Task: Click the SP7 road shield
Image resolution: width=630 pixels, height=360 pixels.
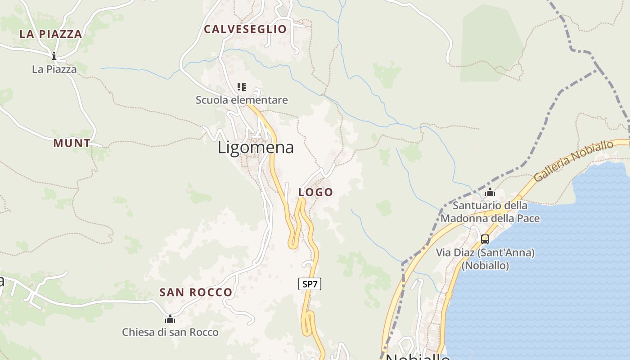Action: (x=310, y=284)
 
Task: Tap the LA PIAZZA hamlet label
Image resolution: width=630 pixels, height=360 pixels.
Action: (x=51, y=34)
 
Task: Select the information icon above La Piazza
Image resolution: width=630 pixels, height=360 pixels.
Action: (x=54, y=56)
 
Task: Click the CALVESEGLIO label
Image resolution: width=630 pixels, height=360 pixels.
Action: (x=245, y=29)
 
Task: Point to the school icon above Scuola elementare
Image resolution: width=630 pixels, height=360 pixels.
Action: (x=242, y=86)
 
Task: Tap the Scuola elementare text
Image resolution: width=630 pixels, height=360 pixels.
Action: (x=242, y=100)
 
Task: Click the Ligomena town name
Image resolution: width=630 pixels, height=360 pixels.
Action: (x=256, y=147)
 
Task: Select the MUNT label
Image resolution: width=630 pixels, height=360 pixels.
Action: (x=72, y=143)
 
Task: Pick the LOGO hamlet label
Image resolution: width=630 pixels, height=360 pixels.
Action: (x=316, y=192)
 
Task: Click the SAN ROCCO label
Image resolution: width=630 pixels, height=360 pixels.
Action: (x=196, y=292)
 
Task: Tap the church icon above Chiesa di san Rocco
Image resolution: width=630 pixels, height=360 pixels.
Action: (x=170, y=319)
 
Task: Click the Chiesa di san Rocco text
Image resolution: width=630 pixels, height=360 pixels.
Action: (x=170, y=333)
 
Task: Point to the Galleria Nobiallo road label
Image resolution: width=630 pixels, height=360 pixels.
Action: (x=574, y=161)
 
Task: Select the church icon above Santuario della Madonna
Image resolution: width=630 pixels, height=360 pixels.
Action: (x=490, y=193)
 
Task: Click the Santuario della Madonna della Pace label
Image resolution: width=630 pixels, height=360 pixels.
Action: (x=490, y=212)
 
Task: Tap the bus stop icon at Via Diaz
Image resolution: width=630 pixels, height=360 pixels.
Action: (x=485, y=239)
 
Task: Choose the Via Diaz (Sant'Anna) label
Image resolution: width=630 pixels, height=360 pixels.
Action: (x=485, y=252)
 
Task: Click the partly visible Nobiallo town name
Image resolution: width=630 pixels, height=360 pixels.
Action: (x=418, y=356)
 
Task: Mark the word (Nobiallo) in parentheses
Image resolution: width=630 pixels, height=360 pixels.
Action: (x=485, y=265)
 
